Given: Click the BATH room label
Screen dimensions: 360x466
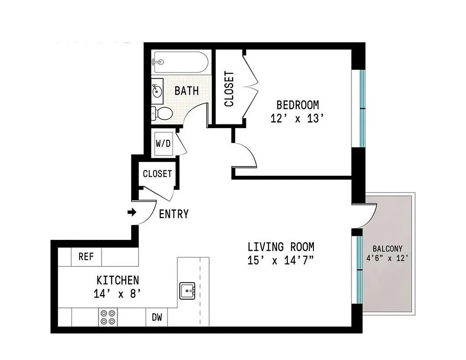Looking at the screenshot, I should click(186, 91).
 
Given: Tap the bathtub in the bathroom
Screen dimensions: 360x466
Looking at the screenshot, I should click(180, 62).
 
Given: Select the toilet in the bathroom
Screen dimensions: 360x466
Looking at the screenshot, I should click(163, 113).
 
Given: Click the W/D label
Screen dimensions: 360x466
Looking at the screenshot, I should click(163, 144).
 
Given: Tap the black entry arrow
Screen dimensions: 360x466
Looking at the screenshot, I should click(132, 212).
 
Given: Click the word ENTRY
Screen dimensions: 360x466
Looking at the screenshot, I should click(174, 214).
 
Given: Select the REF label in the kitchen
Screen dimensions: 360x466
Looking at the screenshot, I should click(86, 257).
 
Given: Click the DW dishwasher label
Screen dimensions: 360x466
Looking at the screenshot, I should click(157, 318).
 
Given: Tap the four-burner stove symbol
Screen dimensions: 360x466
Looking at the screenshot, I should click(108, 317).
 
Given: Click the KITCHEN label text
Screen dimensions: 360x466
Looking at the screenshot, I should click(118, 281).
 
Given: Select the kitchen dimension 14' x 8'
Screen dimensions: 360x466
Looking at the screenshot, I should click(118, 294).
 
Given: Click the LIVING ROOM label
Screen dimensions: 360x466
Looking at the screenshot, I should click(281, 247).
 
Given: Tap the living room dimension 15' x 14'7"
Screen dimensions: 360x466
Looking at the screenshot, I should click(281, 261).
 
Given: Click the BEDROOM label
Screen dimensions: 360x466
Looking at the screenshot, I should click(298, 105).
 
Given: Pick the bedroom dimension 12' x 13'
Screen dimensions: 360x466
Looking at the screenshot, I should click(298, 119).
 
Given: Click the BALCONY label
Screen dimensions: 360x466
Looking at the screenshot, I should click(387, 249).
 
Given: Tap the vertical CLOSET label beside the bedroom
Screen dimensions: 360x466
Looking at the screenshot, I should click(229, 89).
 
